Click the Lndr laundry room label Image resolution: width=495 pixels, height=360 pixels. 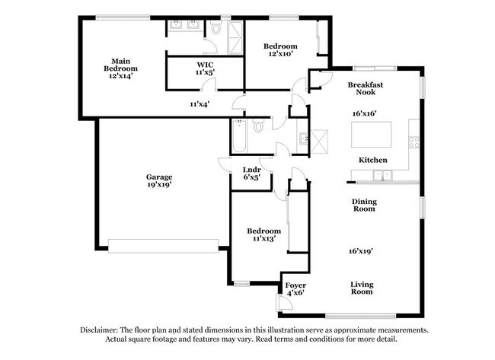[x=252, y=170]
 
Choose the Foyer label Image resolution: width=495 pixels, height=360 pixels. [x=295, y=285]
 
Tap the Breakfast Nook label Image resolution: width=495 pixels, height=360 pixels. [x=364, y=88]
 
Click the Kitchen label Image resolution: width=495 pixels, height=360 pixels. [x=373, y=160]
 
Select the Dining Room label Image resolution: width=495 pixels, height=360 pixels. [x=364, y=205]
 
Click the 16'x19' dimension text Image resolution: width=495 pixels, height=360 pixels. [x=362, y=250]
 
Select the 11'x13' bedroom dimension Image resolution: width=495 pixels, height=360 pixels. [x=263, y=239]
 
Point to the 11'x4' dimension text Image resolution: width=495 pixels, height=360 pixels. [x=200, y=104]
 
